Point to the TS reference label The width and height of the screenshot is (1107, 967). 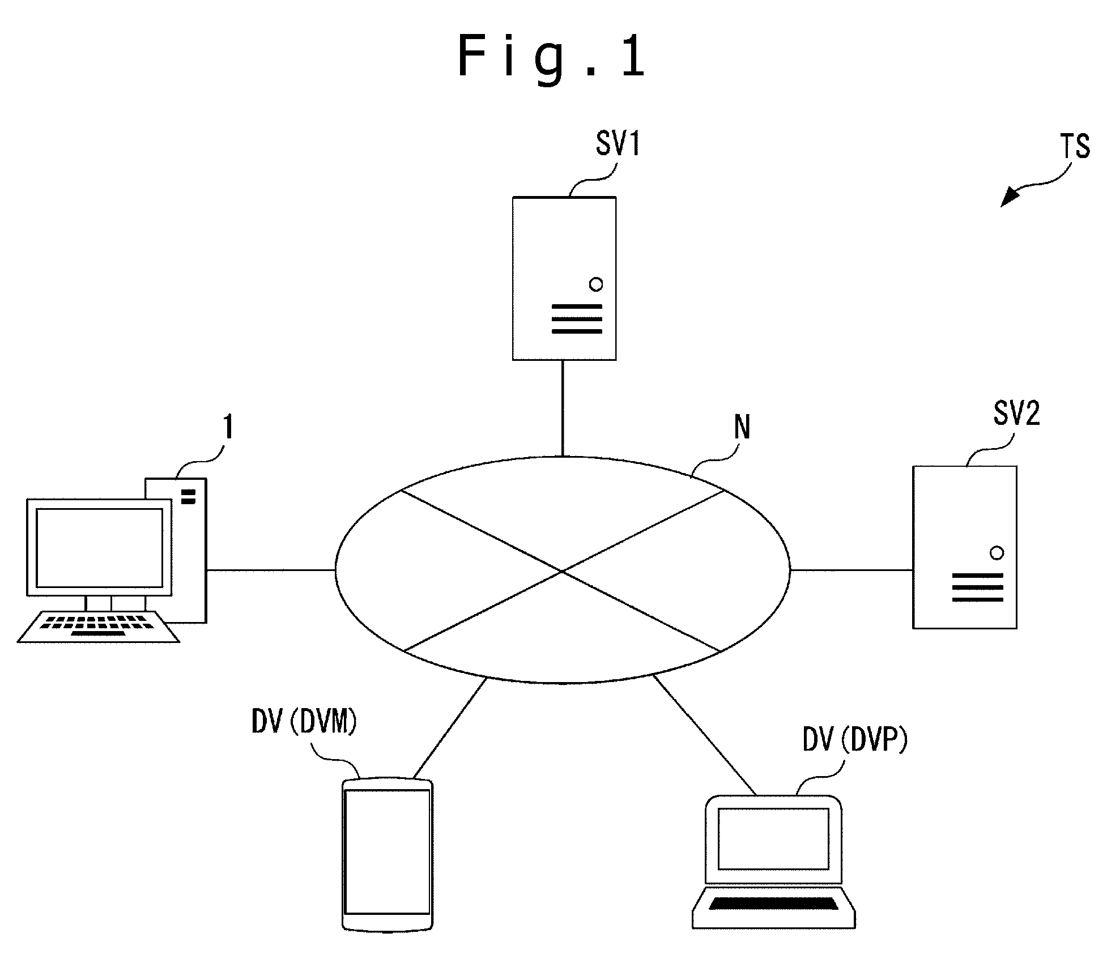click(x=1075, y=147)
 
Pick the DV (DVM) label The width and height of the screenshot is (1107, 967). click(x=304, y=723)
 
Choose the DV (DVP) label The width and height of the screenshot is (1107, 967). click(x=855, y=740)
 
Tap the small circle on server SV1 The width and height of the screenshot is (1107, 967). click(x=596, y=284)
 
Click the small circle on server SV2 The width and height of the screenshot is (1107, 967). click(x=997, y=553)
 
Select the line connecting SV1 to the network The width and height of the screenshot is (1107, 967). click(x=563, y=408)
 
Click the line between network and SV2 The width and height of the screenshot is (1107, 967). click(x=851, y=570)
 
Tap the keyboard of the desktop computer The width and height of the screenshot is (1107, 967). click(x=99, y=627)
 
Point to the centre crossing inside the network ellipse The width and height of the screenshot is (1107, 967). click(x=563, y=571)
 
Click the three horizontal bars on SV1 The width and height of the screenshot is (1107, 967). click(x=577, y=319)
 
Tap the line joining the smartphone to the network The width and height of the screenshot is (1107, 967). click(x=450, y=728)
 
